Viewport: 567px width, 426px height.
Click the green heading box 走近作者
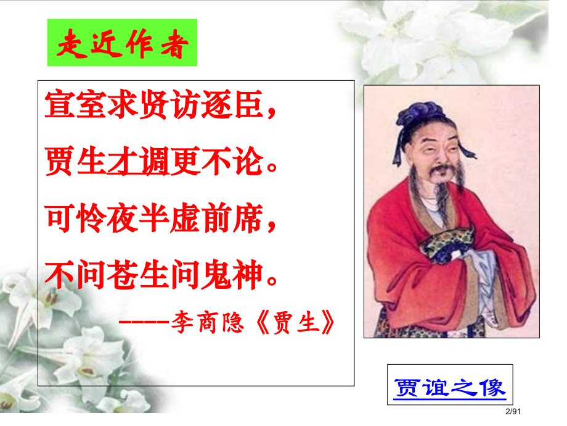tap(122, 43)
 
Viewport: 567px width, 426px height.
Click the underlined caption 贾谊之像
tap(449, 387)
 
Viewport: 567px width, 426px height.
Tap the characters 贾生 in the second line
tap(76, 163)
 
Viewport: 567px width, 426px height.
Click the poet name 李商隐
tap(207, 322)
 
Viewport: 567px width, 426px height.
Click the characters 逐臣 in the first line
tap(232, 107)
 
